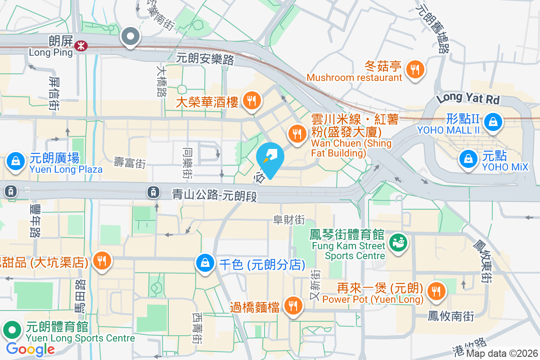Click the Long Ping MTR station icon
pos(81,45)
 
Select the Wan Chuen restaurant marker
pos(297,134)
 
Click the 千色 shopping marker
pos(205,263)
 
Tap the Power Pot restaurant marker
pos(436,291)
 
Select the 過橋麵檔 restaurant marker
pos(293,306)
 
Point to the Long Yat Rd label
pos(468,98)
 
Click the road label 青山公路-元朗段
pos(215,194)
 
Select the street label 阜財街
pos(289,220)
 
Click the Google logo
pos(30,349)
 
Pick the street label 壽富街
pos(130,163)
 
